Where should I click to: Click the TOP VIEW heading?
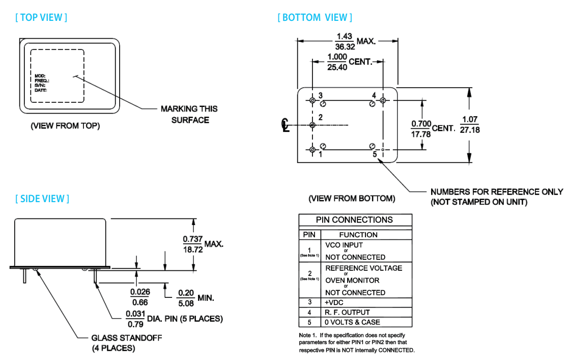(41, 17)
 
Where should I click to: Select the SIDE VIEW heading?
(42, 199)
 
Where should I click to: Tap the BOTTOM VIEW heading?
(315, 17)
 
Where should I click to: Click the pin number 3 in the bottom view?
(321, 96)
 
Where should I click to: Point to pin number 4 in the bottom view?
(374, 96)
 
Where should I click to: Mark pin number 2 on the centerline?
(320, 118)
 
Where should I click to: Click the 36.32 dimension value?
(345, 46)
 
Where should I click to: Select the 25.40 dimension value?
(337, 67)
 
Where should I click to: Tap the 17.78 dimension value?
(420, 134)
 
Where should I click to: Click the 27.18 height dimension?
(470, 130)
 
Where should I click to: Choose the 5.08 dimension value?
(186, 302)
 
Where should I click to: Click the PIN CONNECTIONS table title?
(355, 220)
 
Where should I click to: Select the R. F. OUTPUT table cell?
(348, 312)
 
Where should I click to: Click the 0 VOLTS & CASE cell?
(353, 322)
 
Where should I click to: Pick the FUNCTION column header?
(358, 235)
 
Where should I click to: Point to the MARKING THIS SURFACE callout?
(189, 114)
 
